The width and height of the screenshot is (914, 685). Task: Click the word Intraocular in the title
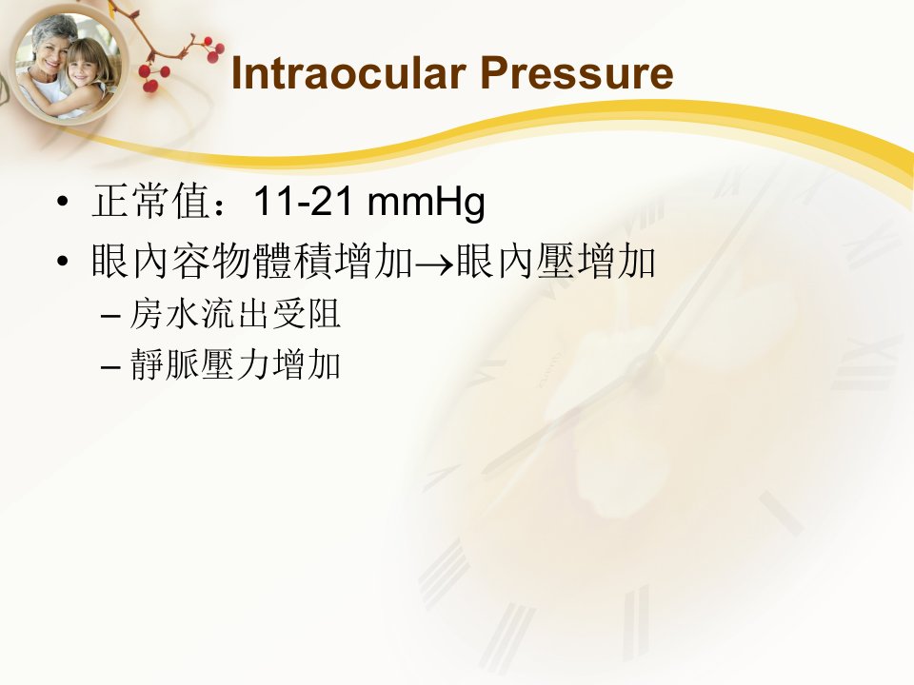click(348, 73)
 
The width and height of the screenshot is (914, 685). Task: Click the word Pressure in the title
click(577, 73)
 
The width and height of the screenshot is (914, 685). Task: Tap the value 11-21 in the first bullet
click(304, 201)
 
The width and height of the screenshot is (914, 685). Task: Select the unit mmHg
click(427, 204)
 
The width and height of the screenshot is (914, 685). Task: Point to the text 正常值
click(150, 201)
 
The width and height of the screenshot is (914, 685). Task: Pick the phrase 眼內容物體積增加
click(252, 261)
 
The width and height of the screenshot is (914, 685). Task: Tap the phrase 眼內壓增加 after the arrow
click(556, 261)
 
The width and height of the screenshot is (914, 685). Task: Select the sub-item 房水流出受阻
click(235, 314)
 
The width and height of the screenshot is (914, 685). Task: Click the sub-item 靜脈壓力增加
click(235, 364)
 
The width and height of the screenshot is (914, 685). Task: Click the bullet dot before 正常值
click(63, 202)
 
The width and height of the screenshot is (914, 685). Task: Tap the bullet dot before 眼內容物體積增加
click(63, 262)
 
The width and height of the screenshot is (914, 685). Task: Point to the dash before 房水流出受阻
click(110, 316)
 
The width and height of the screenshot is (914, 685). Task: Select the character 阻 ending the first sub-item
click(324, 314)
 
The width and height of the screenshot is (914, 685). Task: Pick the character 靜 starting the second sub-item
click(147, 364)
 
